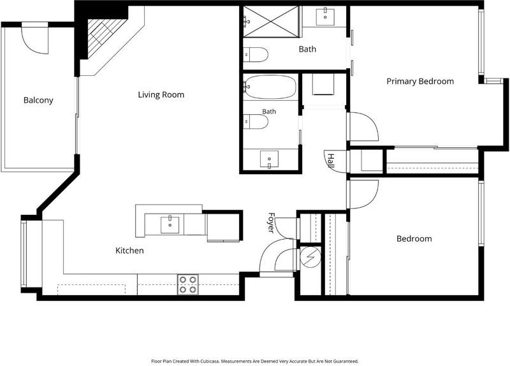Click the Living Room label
pos(161,94)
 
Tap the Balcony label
pos(38,100)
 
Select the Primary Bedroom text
pos(420,82)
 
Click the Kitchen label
pos(129,251)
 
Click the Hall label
pos(331,161)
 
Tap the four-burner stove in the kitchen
pos(187,284)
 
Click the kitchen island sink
pos(170,225)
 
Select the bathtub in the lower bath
pos(270,87)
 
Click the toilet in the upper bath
pos(256,55)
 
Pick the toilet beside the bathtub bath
pos(256,122)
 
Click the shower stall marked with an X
pos(271,22)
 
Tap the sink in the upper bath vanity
pos(325,17)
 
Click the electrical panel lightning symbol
pos(310,256)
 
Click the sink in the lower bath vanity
pos(269,159)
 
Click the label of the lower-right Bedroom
pos(414,239)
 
